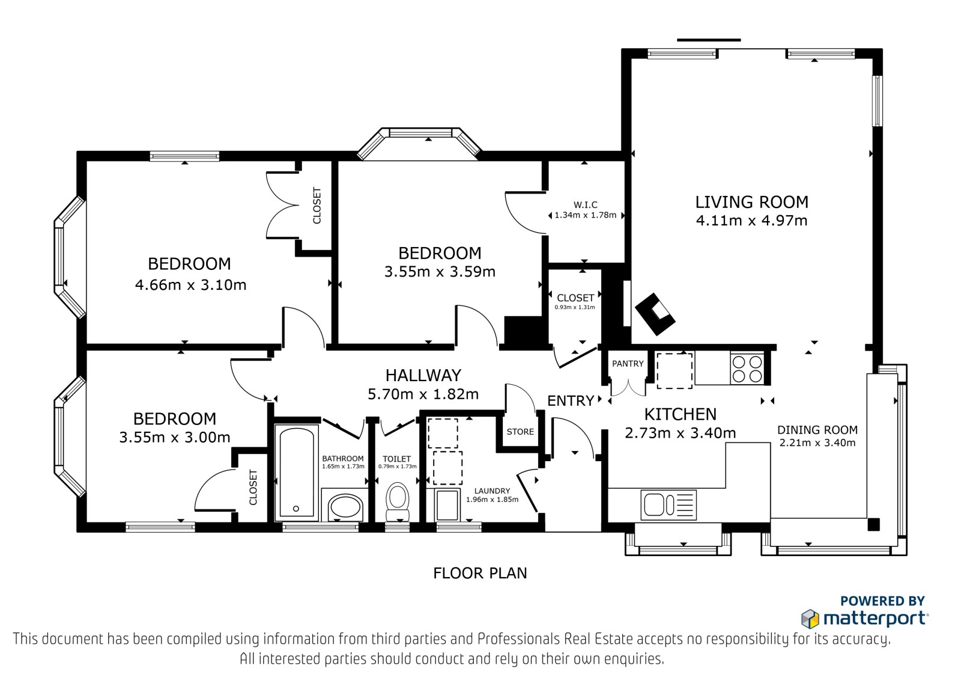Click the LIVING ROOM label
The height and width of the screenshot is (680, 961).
click(x=751, y=202)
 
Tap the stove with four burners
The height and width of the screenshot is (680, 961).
click(x=747, y=369)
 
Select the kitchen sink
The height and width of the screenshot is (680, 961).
click(x=668, y=505)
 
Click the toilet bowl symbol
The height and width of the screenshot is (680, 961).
click(x=397, y=502)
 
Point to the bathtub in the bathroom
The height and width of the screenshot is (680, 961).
click(x=297, y=473)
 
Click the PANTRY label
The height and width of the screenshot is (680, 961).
click(x=628, y=364)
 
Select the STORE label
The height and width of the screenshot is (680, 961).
click(x=520, y=432)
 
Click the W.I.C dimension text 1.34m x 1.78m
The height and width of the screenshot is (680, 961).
click(x=586, y=215)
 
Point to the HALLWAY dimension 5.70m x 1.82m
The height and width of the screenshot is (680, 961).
click(x=423, y=394)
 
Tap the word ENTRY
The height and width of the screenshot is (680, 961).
click(x=571, y=401)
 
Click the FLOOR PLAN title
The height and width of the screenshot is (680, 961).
click(x=480, y=573)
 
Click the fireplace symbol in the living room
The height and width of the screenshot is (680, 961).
click(x=655, y=314)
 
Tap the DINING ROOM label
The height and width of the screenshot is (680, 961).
click(x=817, y=429)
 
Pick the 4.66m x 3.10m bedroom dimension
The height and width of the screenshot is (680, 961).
click(x=190, y=285)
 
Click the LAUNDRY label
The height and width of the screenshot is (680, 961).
click(x=492, y=491)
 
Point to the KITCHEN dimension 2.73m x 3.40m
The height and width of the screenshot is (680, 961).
click(x=681, y=432)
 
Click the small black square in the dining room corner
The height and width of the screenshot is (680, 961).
click(x=873, y=524)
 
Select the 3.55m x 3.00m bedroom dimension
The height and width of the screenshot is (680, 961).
click(x=175, y=437)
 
